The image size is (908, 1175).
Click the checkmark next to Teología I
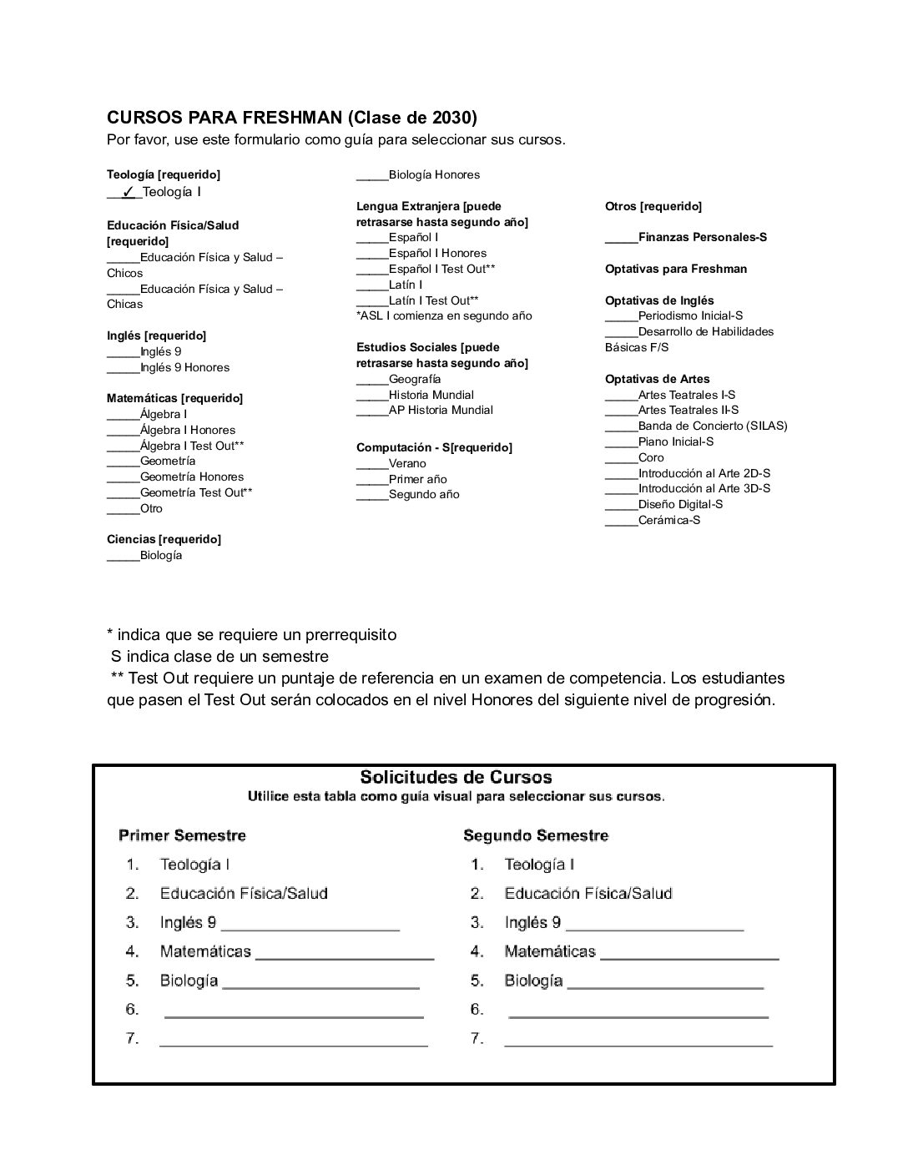[x=128, y=193]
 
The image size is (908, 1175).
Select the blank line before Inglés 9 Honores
[x=123, y=369]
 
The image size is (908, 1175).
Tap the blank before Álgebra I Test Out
[x=123, y=447]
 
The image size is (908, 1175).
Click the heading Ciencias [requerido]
[x=164, y=540]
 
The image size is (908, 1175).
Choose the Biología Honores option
[x=434, y=175]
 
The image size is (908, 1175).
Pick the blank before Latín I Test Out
[x=372, y=302]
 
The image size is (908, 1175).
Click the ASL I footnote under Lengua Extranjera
[x=444, y=316]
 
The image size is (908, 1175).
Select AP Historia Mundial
[x=441, y=411]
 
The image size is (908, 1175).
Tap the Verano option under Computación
[x=407, y=464]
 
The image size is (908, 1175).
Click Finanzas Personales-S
[x=702, y=238]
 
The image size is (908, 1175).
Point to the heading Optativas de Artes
[x=657, y=380]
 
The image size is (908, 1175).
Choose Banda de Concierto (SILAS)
[x=712, y=426]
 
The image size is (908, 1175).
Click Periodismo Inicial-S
[x=690, y=316]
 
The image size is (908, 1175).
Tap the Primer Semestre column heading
[x=182, y=836]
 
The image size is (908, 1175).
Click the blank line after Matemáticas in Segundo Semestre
[x=689, y=958]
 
